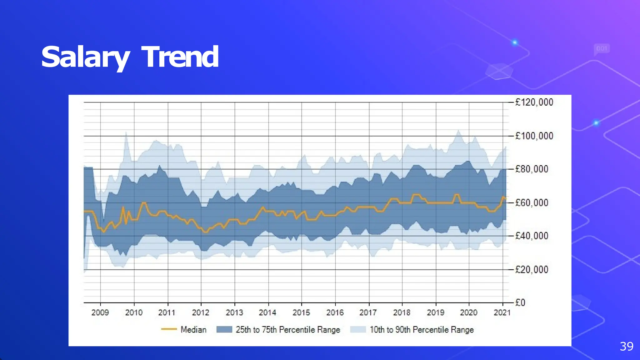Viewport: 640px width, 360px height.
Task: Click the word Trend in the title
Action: tap(180, 57)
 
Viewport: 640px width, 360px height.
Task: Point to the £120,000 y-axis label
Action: tap(534, 102)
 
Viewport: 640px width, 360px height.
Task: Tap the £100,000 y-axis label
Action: tap(534, 136)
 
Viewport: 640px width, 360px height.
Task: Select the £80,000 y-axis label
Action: tap(532, 169)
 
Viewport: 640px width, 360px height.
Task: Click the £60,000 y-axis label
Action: tap(532, 203)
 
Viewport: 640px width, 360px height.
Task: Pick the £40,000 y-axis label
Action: tap(532, 236)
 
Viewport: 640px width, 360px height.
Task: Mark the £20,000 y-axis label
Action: tap(532, 269)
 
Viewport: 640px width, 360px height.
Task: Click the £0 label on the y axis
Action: tap(520, 302)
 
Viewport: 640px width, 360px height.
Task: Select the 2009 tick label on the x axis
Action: tap(100, 312)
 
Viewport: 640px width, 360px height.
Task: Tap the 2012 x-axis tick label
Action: tap(200, 312)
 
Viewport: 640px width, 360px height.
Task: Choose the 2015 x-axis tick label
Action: tap(301, 312)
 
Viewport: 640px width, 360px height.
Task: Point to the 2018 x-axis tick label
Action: tap(402, 312)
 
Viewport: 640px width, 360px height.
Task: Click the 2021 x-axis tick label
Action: tap(502, 312)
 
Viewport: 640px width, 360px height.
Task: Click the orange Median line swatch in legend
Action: tap(169, 329)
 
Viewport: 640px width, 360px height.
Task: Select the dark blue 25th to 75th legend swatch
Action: tap(224, 329)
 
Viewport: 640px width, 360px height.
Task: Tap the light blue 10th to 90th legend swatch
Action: tap(358, 329)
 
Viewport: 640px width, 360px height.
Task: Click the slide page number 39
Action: tap(626, 346)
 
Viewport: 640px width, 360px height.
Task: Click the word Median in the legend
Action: tap(193, 329)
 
